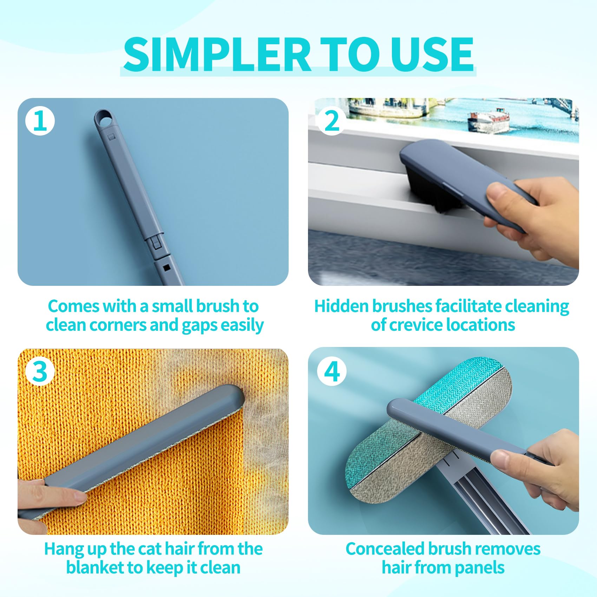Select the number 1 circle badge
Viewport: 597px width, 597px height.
coord(40,121)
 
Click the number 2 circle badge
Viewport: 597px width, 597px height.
coord(332,121)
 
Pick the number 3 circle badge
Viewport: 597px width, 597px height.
coord(40,371)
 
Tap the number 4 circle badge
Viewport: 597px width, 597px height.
coord(332,371)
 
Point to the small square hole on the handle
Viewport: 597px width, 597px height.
coord(166,268)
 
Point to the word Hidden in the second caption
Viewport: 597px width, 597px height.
coord(341,306)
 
